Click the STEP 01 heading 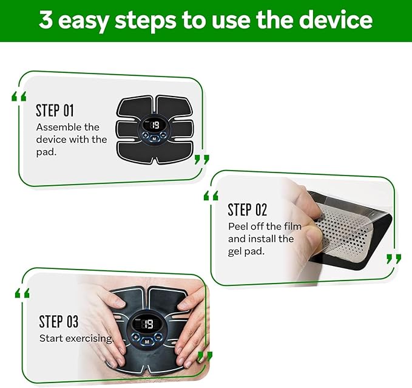pyautogui.click(x=55, y=111)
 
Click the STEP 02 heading pyautogui.click(x=247, y=209)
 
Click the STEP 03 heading pyautogui.click(x=59, y=321)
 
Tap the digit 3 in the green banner pyautogui.click(x=46, y=19)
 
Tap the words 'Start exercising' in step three pyautogui.click(x=76, y=338)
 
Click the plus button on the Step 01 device pyautogui.click(x=145, y=135)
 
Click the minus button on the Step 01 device pyautogui.click(x=163, y=135)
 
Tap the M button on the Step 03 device pyautogui.click(x=147, y=341)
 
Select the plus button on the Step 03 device pyautogui.click(x=135, y=337)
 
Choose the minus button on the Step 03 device pyautogui.click(x=158, y=336)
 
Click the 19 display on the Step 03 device pyautogui.click(x=148, y=324)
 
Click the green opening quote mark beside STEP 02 pyautogui.click(x=211, y=196)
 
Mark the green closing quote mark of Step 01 pyautogui.click(x=202, y=159)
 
